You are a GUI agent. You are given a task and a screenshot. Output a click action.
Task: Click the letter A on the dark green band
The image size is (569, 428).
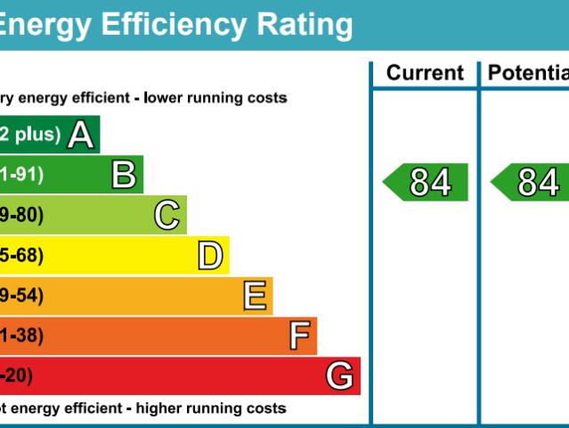pos(81,135)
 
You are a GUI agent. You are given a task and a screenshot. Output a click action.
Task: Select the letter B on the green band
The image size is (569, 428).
pos(124,175)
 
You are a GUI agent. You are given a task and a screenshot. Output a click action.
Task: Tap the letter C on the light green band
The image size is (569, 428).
pos(167,216)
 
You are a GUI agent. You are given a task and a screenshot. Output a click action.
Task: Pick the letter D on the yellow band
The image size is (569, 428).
pos(210,257)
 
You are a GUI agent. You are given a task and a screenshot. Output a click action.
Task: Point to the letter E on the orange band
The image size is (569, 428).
pos(255,296)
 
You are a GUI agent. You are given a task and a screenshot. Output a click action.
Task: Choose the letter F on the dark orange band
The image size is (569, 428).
pos(299,336)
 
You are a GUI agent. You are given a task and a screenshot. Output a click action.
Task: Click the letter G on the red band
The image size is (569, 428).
pos(339,376)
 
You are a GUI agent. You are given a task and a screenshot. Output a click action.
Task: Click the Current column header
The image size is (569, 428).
pos(425,73)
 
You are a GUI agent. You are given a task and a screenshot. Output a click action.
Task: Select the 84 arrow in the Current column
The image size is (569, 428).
pos(427,183)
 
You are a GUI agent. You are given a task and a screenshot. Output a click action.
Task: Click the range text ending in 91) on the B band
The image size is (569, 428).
pos(22,175)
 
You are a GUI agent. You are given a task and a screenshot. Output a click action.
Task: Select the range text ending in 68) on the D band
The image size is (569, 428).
pos(22,257)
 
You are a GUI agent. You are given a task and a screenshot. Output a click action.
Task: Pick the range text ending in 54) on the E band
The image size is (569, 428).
pos(22,296)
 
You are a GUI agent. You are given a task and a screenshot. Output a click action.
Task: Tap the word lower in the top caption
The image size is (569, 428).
pos(166,98)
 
